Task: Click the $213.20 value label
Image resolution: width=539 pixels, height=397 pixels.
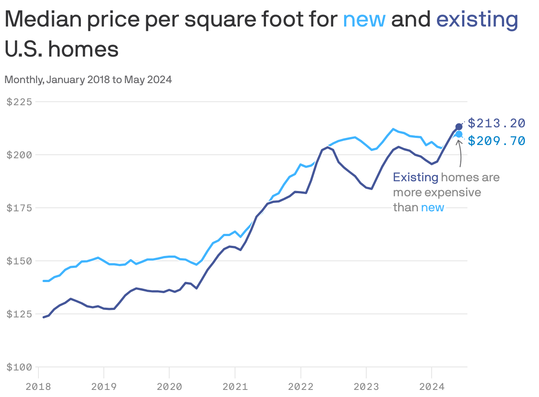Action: click(496, 122)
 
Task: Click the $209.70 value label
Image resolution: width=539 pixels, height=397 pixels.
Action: click(496, 141)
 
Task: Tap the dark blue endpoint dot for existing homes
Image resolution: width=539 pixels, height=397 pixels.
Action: click(459, 127)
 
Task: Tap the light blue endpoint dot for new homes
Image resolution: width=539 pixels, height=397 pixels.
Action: click(459, 134)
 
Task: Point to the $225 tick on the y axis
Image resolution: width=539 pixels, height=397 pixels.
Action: click(19, 102)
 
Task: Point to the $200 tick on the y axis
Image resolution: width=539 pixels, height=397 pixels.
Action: click(19, 155)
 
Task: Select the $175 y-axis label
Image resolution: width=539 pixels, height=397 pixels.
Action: click(19, 208)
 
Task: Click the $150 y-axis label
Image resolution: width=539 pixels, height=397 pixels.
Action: click(19, 261)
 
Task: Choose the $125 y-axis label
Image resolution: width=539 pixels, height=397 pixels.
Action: click(19, 314)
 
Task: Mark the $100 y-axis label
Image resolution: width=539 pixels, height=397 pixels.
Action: click(19, 367)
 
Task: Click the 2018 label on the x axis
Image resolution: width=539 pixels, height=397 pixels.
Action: click(38, 387)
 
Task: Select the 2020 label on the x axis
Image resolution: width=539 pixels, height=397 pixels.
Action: click(169, 387)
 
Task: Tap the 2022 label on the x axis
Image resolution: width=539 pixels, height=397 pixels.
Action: click(300, 387)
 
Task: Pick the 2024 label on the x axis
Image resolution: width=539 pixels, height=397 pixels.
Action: click(431, 387)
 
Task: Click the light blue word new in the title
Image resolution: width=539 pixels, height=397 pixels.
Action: click(364, 20)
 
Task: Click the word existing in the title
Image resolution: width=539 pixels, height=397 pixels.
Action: click(477, 20)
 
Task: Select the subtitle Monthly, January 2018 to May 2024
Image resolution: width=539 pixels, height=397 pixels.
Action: click(88, 80)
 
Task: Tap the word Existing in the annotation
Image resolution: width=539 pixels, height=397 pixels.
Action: click(415, 178)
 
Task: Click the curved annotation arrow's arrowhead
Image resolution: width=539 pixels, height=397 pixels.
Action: click(459, 141)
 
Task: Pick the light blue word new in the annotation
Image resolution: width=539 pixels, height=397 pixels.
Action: click(432, 208)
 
